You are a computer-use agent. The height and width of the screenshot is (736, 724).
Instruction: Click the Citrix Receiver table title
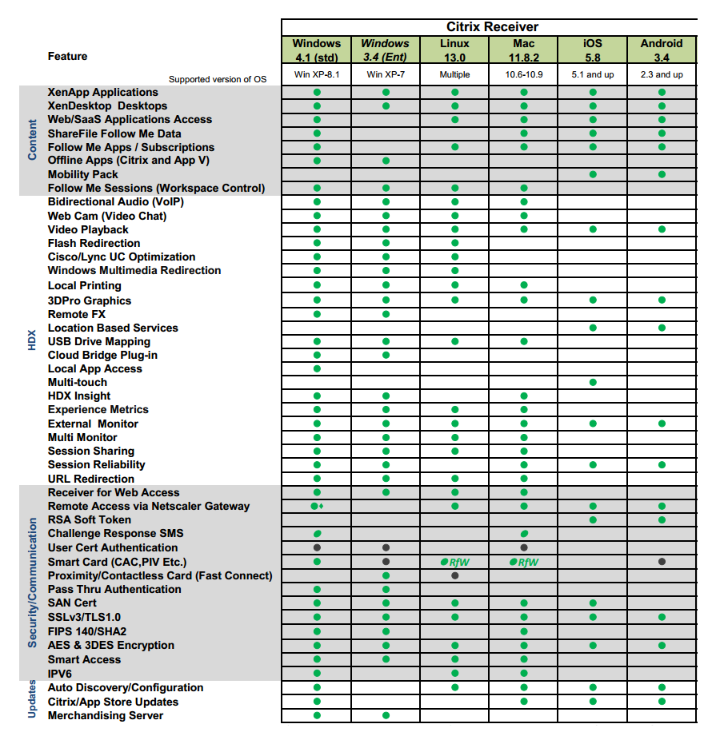[492, 27]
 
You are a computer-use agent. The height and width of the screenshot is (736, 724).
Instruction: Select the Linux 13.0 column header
[454, 50]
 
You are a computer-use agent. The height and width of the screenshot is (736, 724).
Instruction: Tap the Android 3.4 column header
[662, 50]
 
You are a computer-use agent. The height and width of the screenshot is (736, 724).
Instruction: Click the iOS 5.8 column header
[593, 50]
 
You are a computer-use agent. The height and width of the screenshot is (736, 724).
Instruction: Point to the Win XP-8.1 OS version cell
[317, 75]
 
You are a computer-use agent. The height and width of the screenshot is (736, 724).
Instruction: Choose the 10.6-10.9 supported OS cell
[523, 75]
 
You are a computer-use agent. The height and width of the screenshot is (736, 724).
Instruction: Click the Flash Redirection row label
[94, 243]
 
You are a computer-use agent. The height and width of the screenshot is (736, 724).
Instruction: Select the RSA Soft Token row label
[89, 519]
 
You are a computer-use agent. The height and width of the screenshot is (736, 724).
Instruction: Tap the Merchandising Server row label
[105, 715]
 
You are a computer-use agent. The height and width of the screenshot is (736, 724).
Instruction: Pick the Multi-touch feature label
[77, 382]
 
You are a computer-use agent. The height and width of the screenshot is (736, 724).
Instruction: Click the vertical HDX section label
[32, 340]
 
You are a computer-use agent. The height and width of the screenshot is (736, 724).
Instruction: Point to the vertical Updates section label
[32, 698]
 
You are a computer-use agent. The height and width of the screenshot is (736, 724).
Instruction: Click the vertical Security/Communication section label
[32, 583]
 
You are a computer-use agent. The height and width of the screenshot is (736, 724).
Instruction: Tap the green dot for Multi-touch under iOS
[593, 382]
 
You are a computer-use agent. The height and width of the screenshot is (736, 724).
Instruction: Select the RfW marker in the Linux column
[454, 562]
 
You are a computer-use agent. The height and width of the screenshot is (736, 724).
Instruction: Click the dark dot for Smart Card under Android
[662, 562]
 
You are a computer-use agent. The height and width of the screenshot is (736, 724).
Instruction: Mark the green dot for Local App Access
[317, 368]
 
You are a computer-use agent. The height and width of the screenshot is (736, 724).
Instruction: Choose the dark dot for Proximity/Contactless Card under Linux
[454, 575]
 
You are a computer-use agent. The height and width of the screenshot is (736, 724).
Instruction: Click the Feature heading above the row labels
[67, 56]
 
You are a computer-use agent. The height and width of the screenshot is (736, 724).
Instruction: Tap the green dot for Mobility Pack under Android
[662, 174]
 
